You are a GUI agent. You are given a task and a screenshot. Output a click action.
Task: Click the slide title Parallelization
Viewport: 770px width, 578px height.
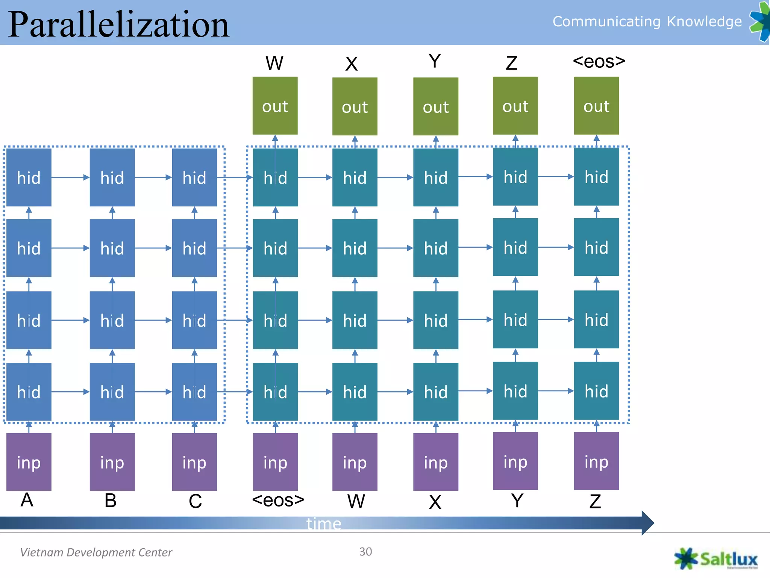pyautogui.click(x=118, y=24)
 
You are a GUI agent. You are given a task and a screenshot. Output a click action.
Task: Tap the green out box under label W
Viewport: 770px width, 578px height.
pyautogui.click(x=275, y=106)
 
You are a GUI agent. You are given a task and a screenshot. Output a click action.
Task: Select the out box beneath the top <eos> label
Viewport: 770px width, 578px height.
pyautogui.click(x=596, y=106)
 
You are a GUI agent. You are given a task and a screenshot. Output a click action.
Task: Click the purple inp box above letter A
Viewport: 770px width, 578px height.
pyautogui.click(x=29, y=462)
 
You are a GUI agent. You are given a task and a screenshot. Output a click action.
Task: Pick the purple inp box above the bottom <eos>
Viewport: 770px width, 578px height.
pyautogui.click(x=275, y=462)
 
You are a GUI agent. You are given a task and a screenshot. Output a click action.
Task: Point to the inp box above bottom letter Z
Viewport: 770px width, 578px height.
pyautogui.click(x=596, y=461)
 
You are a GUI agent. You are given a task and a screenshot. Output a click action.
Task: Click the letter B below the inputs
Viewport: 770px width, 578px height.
pyautogui.click(x=111, y=500)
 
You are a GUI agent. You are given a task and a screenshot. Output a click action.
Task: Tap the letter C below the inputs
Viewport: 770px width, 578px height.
pyautogui.click(x=195, y=501)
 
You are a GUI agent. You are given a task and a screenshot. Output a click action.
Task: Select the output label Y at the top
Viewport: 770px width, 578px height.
pyautogui.click(x=435, y=61)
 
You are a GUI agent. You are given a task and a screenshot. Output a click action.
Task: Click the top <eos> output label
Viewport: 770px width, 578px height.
pyautogui.click(x=599, y=61)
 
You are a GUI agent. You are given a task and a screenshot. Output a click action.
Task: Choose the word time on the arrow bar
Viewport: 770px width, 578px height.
pyautogui.click(x=324, y=523)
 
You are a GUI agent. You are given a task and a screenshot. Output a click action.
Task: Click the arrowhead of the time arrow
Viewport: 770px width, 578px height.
pyautogui.click(x=647, y=523)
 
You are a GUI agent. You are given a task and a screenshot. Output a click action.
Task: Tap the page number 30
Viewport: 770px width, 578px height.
pyautogui.click(x=365, y=552)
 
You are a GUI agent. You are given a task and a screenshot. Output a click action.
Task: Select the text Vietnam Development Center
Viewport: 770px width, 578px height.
pyautogui.click(x=96, y=552)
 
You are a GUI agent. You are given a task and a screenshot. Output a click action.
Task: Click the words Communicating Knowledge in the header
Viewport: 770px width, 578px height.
pyautogui.click(x=647, y=21)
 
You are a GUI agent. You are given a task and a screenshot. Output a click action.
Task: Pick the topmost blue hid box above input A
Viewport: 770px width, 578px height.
pyautogui.click(x=29, y=177)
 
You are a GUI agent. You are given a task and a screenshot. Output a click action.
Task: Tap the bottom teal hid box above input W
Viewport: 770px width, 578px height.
pyautogui.click(x=355, y=392)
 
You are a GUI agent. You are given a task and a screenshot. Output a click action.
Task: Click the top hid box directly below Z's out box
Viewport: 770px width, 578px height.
pyautogui.click(x=515, y=176)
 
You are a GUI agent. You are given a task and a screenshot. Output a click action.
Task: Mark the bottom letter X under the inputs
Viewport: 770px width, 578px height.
pyautogui.click(x=435, y=502)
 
